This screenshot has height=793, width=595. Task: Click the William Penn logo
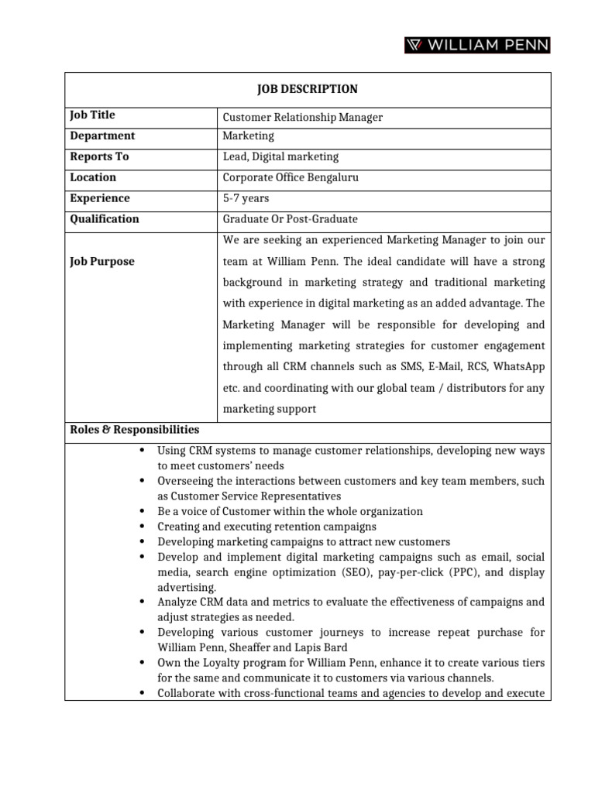point(476,46)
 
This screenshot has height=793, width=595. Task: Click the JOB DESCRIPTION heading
point(308,89)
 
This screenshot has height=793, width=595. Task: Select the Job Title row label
point(92,115)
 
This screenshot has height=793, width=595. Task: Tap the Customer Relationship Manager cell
point(303,118)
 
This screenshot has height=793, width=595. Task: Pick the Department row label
point(102,136)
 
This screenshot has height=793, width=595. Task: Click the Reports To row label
point(99,157)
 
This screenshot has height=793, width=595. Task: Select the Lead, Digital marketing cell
point(280,157)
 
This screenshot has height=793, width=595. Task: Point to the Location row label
point(94,178)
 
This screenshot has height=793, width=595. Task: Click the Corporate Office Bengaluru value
point(291,178)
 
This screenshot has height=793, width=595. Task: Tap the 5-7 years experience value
point(246,199)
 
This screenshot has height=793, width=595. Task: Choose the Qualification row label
point(105,219)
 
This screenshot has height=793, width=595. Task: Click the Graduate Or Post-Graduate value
point(291,220)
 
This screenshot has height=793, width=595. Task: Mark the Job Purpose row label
point(102,262)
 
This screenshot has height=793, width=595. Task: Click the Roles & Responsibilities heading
point(135,430)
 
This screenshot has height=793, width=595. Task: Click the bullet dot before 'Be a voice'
point(143,512)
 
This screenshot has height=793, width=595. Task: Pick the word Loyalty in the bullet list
point(206,664)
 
